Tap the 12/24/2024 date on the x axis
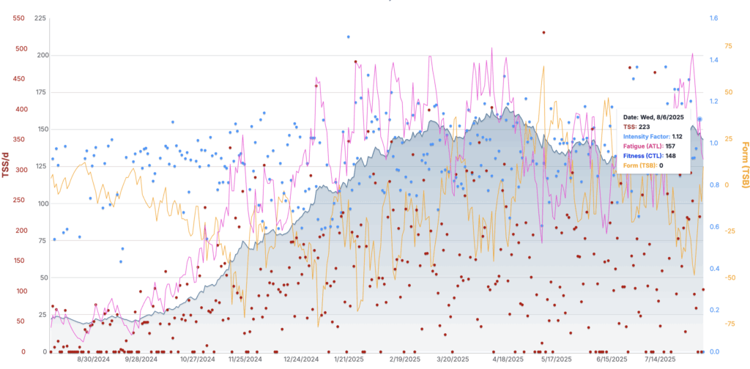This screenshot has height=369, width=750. (301, 359)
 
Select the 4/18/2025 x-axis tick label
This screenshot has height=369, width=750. (507, 359)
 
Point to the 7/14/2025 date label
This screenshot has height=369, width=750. (661, 359)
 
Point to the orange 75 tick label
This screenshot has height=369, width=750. (728, 45)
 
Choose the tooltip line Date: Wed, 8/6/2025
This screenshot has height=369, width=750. (653, 116)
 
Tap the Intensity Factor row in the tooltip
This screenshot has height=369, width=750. (653, 136)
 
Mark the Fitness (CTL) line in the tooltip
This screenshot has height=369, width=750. (652, 155)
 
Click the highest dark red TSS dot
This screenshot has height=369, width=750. (543, 32)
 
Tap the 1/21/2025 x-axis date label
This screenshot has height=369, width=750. (349, 359)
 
